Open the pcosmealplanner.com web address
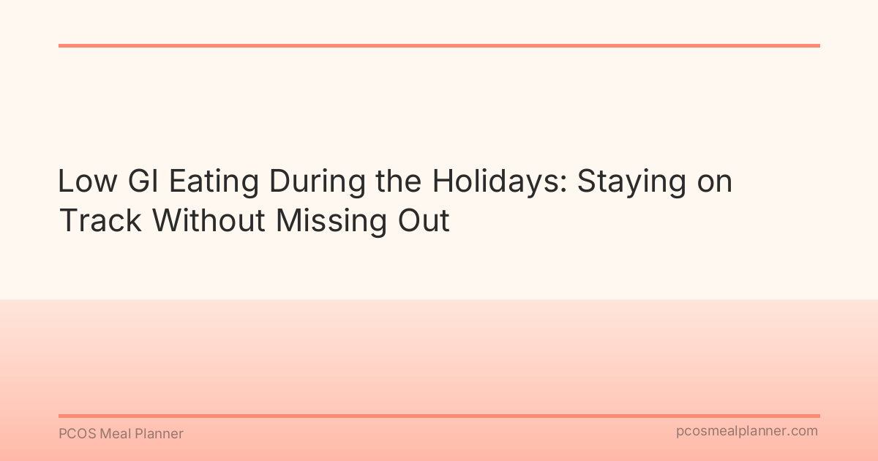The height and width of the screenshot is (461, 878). point(746,432)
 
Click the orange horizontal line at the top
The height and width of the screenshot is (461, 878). point(439,45)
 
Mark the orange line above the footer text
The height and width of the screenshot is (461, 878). point(439,416)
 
